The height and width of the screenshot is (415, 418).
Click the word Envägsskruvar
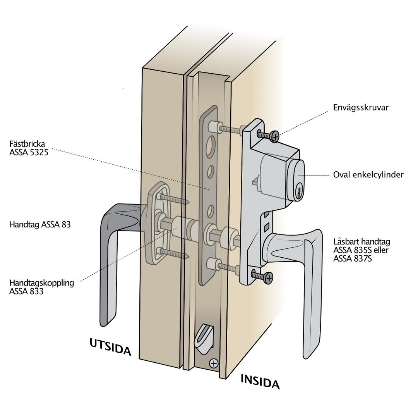pyautogui.click(x=361, y=108)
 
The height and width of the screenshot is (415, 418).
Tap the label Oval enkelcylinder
pyautogui.click(x=368, y=174)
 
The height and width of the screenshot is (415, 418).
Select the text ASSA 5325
pyautogui.click(x=29, y=152)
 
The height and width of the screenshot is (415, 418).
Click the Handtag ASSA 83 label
pyautogui.click(x=40, y=224)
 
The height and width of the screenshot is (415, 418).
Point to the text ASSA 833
pyautogui.click(x=26, y=291)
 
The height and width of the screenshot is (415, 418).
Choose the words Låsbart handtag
pyautogui.click(x=361, y=242)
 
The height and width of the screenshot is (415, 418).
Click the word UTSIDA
pyautogui.click(x=110, y=347)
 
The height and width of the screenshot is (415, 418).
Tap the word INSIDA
pyautogui.click(x=260, y=382)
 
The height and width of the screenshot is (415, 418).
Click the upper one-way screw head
pyautogui.click(x=274, y=136)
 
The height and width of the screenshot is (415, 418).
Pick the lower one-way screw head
pyautogui.click(x=269, y=278)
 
